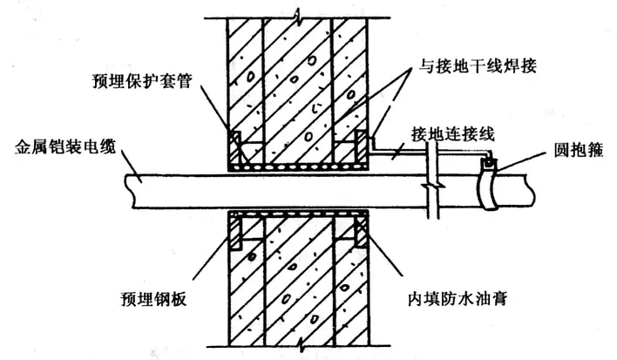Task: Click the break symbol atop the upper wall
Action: [x=297, y=15]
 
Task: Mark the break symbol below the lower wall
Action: [x=297, y=346]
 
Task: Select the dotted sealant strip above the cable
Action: [x=297, y=163]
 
